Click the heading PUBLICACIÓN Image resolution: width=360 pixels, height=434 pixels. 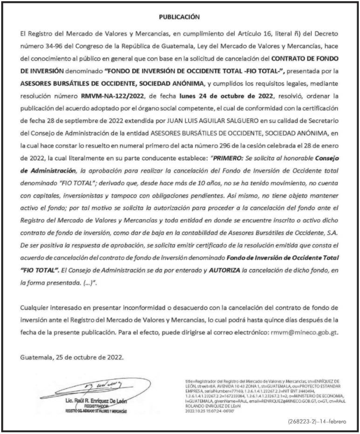click(179, 16)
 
